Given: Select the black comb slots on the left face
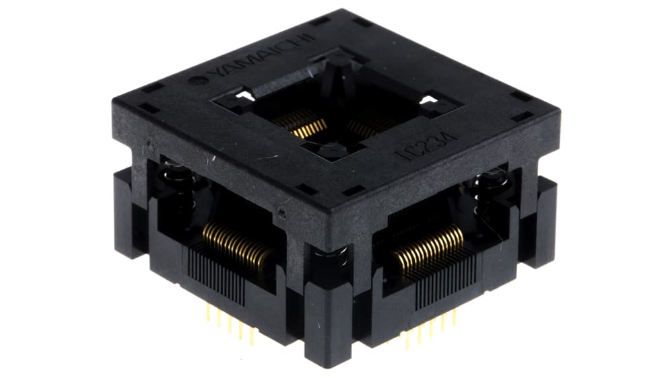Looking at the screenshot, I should point(215,276).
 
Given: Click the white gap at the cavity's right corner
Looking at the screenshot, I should point(427,101).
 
